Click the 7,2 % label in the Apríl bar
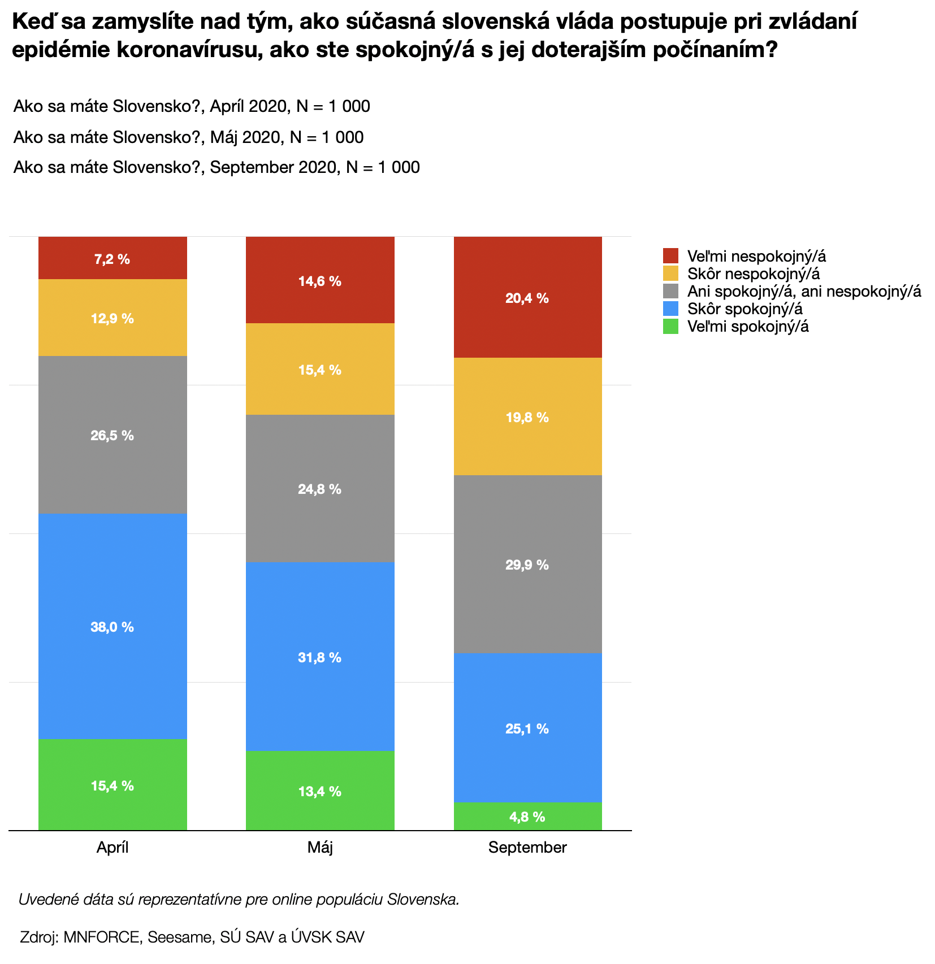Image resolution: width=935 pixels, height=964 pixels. [112, 259]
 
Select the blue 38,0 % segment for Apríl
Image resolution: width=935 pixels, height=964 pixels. [112, 626]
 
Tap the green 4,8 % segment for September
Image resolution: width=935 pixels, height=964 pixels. [527, 816]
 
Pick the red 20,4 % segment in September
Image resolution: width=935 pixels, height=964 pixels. [527, 298]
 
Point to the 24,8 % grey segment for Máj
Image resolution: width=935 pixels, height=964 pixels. [319, 489]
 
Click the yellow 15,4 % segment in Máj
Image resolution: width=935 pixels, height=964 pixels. [319, 370]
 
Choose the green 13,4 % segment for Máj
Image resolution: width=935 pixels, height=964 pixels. [319, 791]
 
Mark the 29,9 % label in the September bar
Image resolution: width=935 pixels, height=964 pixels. [527, 564]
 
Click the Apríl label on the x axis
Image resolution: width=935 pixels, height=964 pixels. [112, 847]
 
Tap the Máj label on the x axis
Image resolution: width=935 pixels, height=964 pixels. [320, 847]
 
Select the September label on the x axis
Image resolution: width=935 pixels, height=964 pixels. [527, 847]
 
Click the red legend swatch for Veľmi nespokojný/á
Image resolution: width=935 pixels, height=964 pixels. [670, 256]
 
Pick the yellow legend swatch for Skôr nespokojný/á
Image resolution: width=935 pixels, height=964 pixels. [670, 273]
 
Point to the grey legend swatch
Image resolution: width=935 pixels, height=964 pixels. [670, 291]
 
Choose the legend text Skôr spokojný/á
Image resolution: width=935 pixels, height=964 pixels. [745, 309]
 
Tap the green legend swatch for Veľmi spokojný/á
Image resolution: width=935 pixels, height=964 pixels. [670, 326]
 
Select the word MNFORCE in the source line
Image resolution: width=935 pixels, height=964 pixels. [102, 936]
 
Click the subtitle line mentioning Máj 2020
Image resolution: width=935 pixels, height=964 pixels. [188, 137]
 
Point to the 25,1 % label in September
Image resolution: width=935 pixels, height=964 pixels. [527, 728]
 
